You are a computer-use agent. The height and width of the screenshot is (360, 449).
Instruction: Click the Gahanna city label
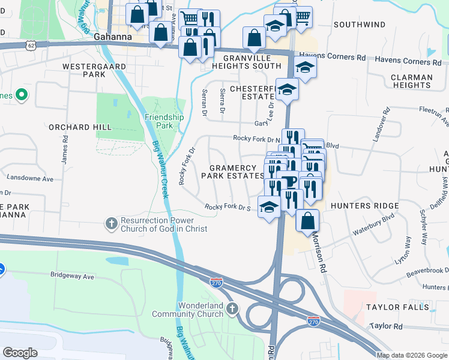[x=113, y=36]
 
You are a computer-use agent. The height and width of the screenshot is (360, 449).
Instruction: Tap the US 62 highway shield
[x=31, y=44]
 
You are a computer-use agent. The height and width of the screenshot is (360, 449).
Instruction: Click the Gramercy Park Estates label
[x=237, y=172]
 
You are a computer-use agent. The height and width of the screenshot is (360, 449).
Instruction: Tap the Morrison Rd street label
[x=318, y=252]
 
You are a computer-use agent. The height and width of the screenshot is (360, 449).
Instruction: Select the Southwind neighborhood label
[x=360, y=25]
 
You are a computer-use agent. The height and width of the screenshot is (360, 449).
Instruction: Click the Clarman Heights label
[x=411, y=81]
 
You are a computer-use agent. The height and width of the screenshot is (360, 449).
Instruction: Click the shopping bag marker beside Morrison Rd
[x=307, y=220]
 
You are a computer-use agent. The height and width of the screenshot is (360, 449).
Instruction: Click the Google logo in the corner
[x=20, y=352]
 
